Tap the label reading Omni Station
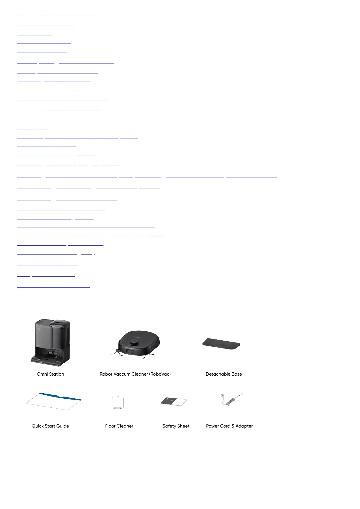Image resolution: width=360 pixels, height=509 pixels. pos(51,374)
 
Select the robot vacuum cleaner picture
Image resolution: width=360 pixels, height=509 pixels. pos(135,345)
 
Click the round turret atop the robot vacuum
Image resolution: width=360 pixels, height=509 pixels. pos(134,342)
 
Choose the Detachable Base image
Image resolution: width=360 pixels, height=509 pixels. pos(221,344)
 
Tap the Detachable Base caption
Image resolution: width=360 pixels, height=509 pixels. pos(224,374)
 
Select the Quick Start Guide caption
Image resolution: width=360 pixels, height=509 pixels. pos(51,426)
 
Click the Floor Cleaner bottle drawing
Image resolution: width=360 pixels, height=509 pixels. pos(118,402)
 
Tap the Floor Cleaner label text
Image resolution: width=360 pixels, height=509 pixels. pos(119,426)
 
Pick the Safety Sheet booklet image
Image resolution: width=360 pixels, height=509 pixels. pos(174,402)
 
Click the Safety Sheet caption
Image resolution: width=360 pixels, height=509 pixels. pos(176,426)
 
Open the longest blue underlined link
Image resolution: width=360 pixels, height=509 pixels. pos(147,176)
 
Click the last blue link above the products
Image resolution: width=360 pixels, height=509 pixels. pos(53,286)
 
